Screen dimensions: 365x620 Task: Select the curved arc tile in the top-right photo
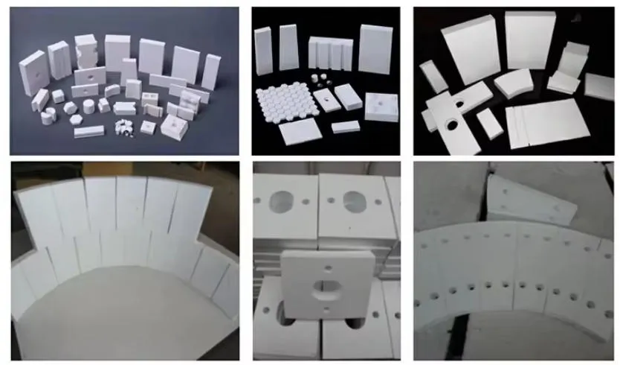[x=513, y=83]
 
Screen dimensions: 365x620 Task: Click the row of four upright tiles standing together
[x=329, y=54]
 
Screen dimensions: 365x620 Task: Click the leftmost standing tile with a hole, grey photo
[x=31, y=72]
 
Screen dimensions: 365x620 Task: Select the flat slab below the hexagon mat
[x=300, y=132]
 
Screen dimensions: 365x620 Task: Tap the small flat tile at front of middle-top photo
[x=346, y=127]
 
